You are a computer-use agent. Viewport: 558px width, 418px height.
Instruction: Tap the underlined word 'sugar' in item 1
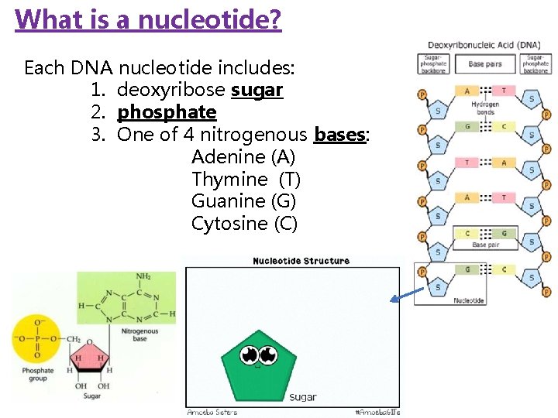[x=257, y=91]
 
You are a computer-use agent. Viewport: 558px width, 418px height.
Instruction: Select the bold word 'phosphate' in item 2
[x=167, y=112]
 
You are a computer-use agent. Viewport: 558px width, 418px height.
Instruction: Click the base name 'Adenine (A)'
[x=243, y=157]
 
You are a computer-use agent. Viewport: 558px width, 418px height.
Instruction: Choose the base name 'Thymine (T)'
[x=246, y=180]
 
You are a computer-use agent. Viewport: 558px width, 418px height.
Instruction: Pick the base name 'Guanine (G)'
[x=243, y=201]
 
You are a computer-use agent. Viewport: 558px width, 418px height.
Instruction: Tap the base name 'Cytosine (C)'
[x=244, y=224]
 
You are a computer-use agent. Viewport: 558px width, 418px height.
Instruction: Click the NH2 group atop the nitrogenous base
[x=143, y=276]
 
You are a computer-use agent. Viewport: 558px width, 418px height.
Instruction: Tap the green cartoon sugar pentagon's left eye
[x=250, y=355]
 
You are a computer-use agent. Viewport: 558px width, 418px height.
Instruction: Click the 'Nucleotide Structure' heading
[x=301, y=261]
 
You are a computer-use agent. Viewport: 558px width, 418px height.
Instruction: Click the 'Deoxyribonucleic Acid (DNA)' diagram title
[x=484, y=45]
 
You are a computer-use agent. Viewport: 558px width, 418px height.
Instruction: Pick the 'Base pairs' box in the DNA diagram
[x=485, y=64]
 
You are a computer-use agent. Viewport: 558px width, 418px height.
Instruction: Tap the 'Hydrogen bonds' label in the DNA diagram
[x=485, y=108]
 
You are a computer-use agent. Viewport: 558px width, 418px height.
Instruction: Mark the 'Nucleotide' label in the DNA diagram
[x=469, y=300]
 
